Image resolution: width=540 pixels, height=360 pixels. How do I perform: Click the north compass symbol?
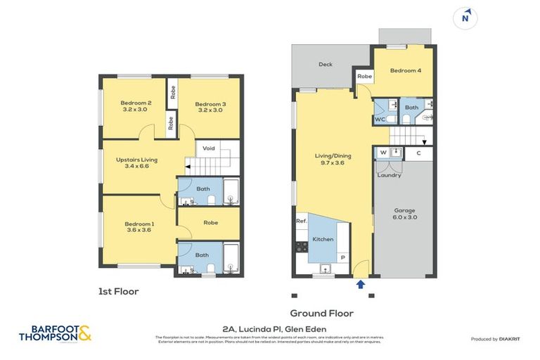tap(464, 19)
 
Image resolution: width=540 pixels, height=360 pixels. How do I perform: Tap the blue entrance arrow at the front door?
tap(361, 284)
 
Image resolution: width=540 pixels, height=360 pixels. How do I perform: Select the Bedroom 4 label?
tap(406, 71)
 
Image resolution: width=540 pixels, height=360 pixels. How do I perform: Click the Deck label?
tap(325, 65)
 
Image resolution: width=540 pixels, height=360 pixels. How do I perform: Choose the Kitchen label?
tap(322, 240)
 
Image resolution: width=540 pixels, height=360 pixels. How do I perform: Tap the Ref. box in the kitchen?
tap(302, 221)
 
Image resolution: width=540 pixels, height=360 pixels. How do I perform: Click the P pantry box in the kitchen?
tap(342, 257)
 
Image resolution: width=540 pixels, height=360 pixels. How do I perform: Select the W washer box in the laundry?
tap(383, 153)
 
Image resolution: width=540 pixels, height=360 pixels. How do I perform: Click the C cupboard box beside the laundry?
tap(419, 153)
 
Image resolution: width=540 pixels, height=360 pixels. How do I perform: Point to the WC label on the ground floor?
tap(380, 120)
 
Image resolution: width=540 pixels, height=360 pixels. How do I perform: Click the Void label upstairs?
tap(209, 148)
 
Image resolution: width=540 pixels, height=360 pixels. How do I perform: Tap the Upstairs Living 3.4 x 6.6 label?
tap(136, 164)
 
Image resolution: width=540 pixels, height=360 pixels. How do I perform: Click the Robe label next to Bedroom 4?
tap(364, 76)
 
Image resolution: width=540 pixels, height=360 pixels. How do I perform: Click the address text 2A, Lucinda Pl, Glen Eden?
tap(269, 328)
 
